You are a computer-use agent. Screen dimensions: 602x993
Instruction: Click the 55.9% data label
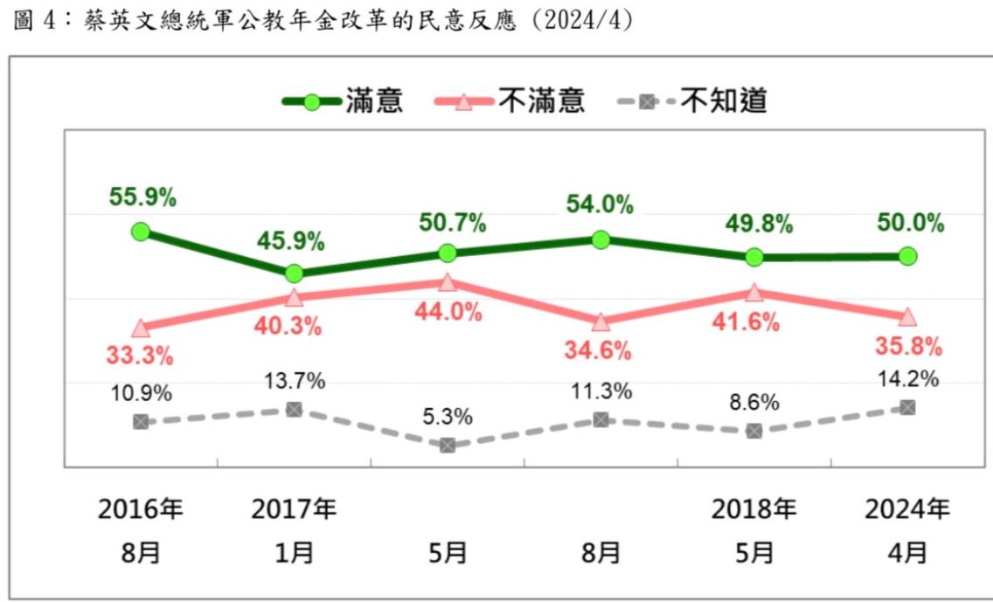click(x=142, y=197)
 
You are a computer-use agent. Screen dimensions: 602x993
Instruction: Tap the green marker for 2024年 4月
click(x=907, y=256)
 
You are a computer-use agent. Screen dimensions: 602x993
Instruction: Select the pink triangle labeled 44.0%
click(x=448, y=282)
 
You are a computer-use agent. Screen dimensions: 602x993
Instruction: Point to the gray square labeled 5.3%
click(x=448, y=445)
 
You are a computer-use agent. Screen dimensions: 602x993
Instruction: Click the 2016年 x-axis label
click(x=141, y=509)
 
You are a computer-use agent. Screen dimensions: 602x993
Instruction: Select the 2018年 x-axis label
click(x=753, y=509)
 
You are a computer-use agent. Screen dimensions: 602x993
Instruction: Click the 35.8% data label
click(x=909, y=347)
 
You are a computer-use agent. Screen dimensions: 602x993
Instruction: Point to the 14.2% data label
click(x=909, y=379)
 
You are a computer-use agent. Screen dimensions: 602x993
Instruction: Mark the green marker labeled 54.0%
click(x=601, y=239)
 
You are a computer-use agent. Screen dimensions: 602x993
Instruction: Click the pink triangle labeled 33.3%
click(x=141, y=329)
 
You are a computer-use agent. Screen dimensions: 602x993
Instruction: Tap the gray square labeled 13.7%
click(x=295, y=409)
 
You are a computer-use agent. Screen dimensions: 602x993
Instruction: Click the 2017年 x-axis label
click(x=294, y=509)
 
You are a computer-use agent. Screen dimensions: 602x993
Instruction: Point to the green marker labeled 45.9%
click(x=295, y=273)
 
